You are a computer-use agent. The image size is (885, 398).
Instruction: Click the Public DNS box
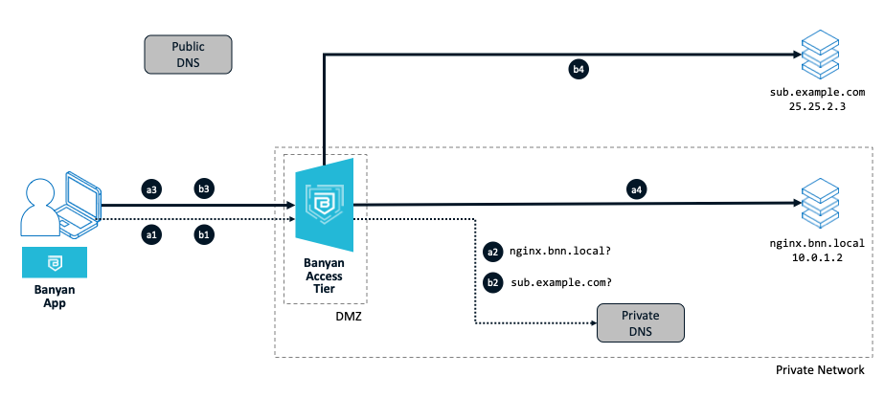[x=188, y=55]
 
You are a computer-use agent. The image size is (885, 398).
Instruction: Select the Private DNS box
[x=641, y=323]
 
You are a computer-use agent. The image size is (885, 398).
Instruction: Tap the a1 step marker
[x=150, y=232]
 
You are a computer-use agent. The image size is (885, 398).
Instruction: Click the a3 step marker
[x=150, y=188]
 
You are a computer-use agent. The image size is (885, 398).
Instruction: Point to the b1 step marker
[x=203, y=232]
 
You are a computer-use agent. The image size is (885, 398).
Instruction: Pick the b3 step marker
[x=203, y=188]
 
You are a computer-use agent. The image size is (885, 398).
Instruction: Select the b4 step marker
[x=579, y=69]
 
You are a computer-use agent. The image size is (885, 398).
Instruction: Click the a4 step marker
[x=635, y=188]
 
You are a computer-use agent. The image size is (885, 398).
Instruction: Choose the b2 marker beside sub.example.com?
[x=493, y=282]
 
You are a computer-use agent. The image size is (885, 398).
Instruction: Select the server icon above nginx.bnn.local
[x=820, y=203]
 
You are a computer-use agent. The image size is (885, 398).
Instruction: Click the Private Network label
[x=820, y=369]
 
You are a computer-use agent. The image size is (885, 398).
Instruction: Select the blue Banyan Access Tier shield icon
[x=327, y=204]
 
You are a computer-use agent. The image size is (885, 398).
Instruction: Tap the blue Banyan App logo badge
[x=55, y=262]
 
